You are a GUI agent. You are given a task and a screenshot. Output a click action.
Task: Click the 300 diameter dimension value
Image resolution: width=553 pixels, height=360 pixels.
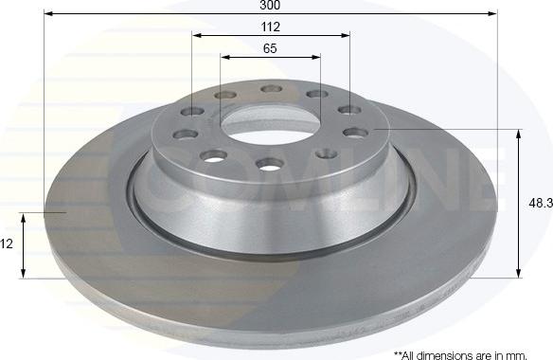[x=270, y=6]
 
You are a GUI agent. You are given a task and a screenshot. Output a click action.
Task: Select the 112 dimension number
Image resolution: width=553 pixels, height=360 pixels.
[x=271, y=27]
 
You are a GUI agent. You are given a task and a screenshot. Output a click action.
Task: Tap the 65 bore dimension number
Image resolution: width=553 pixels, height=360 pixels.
[x=270, y=48]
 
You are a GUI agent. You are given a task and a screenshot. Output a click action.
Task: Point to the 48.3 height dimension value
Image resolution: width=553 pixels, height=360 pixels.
[x=541, y=203]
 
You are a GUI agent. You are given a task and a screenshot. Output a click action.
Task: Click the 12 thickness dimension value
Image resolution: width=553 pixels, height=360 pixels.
[x=6, y=243]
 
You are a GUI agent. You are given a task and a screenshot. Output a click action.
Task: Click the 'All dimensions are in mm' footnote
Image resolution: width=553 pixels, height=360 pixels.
[x=460, y=354]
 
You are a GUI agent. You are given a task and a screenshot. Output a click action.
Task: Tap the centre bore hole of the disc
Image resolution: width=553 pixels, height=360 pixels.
[x=271, y=123]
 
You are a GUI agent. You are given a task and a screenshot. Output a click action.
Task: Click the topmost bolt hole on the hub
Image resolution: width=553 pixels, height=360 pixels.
[x=272, y=89]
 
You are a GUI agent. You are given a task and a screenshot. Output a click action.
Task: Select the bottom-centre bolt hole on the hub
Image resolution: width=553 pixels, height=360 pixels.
[x=270, y=164]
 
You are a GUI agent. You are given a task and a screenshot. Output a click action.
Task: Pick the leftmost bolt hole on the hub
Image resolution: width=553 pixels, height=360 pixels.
[x=187, y=135]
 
